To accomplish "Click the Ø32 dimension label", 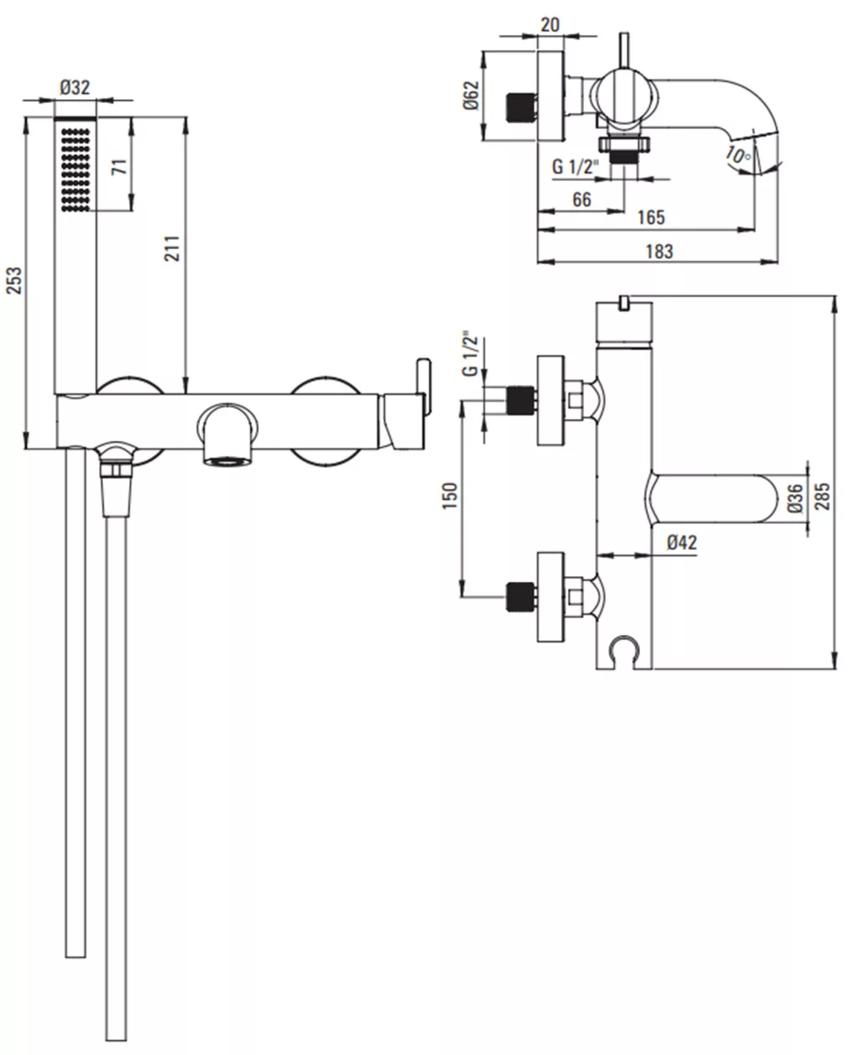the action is (75, 88).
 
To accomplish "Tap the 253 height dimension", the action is (15, 280).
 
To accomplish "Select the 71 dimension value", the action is (120, 167).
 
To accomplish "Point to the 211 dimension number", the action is (173, 248).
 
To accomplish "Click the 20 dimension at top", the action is (550, 24).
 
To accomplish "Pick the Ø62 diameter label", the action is (471, 96).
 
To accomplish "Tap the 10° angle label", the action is (739, 155).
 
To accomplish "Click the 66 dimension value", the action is (581, 200).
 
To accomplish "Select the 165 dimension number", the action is (651, 217).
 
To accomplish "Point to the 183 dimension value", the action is (659, 251).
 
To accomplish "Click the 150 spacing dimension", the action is (450, 496).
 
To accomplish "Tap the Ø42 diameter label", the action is (682, 543).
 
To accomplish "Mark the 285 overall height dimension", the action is (822, 496).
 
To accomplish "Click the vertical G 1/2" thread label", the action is (471, 354).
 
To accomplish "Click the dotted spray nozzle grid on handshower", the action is (75, 170).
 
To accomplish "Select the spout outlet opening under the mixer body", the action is (227, 461).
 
